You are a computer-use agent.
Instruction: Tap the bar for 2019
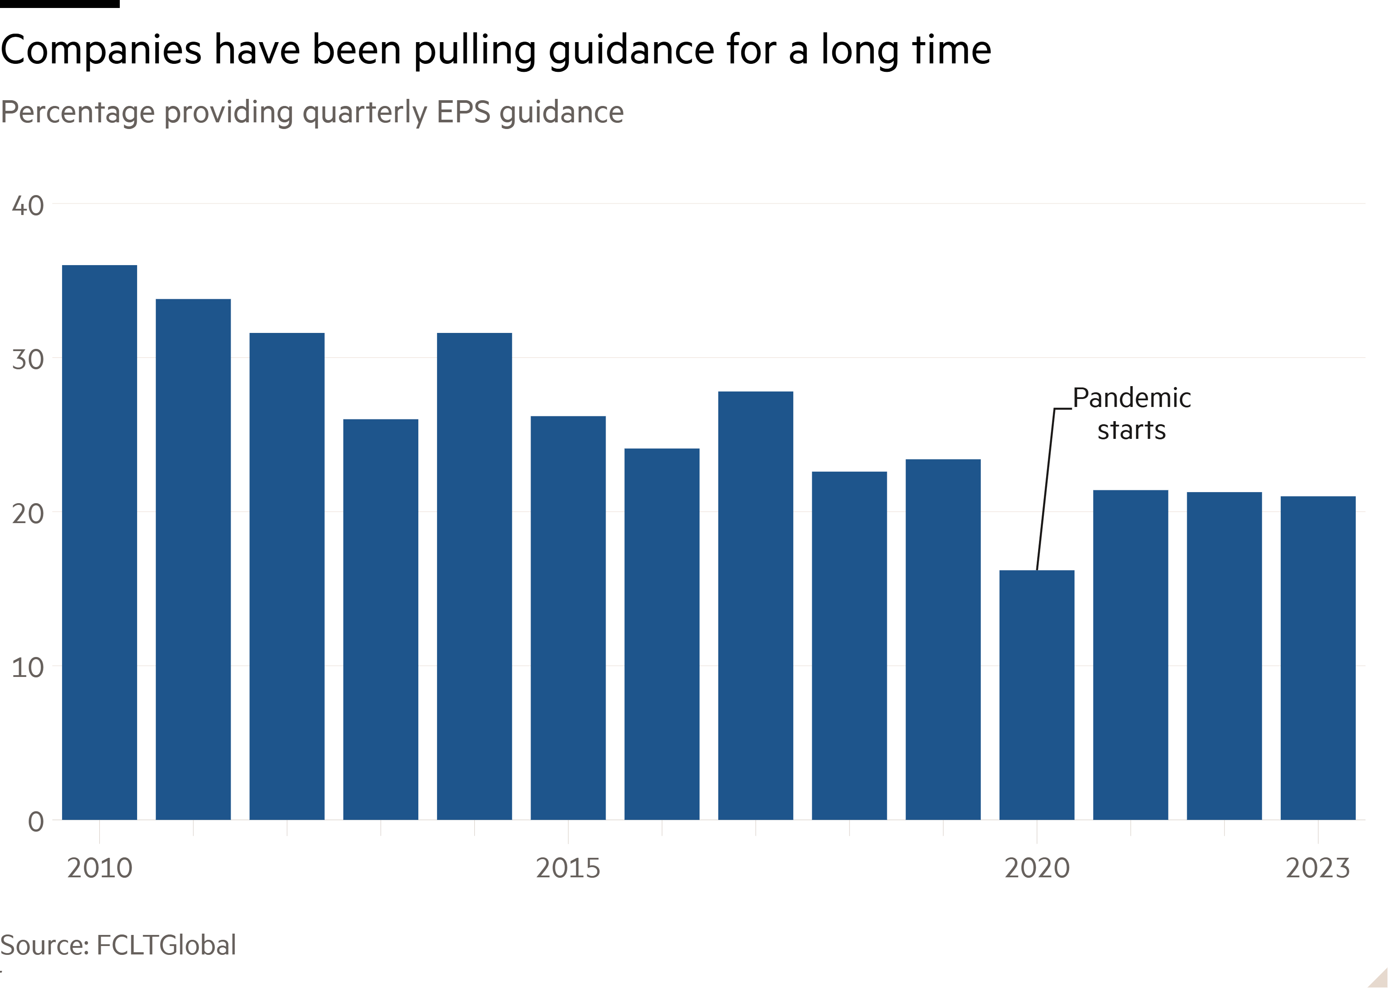coord(943,639)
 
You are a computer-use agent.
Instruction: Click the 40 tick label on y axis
coord(28,206)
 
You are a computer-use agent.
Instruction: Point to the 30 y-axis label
coord(28,360)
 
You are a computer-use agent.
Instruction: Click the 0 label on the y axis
coord(35,822)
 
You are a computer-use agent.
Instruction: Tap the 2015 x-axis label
coord(568,868)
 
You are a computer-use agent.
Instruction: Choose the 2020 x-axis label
coord(1037,868)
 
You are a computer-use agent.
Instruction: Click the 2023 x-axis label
coord(1318,868)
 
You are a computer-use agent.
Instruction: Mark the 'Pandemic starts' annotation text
coord(1132,414)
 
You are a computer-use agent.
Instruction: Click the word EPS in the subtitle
coord(464,112)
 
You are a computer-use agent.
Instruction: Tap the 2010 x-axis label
coord(99,868)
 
